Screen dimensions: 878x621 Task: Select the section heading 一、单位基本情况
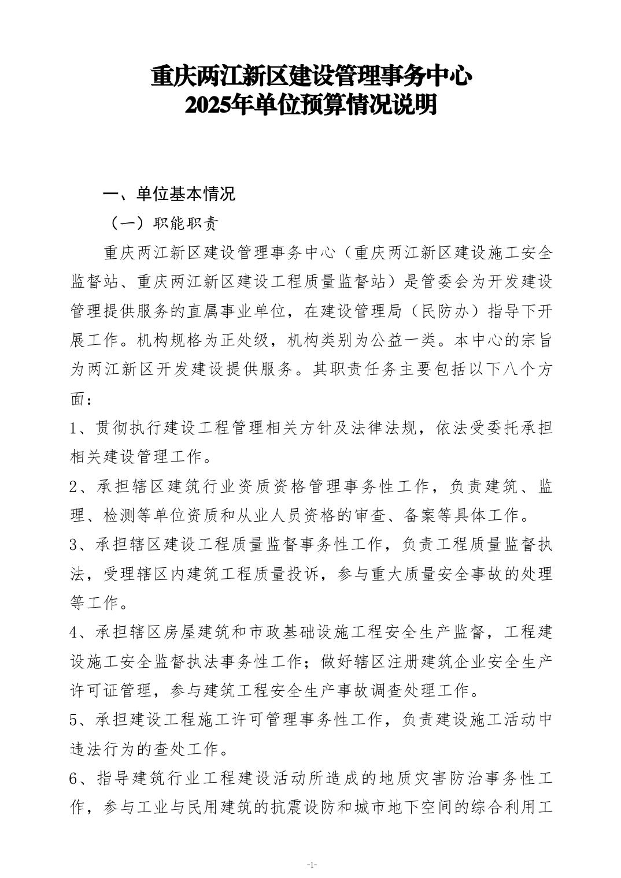(169, 194)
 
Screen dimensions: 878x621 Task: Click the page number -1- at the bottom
(311, 865)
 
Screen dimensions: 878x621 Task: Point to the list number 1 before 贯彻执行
(73, 428)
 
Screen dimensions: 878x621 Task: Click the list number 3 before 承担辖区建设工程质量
(73, 545)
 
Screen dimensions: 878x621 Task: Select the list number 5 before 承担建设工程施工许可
(73, 720)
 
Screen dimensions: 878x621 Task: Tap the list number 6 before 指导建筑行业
(73, 779)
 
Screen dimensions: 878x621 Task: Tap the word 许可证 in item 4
(94, 691)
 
